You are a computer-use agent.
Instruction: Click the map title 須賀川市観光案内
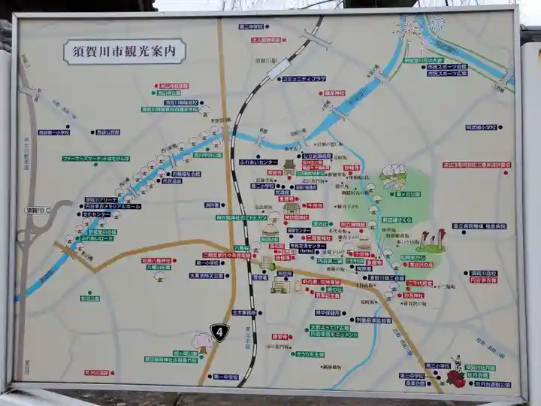(x=124, y=53)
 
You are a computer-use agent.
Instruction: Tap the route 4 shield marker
(x=219, y=331)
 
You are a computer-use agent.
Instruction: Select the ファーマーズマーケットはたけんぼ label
(x=96, y=159)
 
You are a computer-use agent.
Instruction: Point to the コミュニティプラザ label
(x=304, y=78)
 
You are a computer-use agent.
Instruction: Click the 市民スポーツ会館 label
(x=447, y=67)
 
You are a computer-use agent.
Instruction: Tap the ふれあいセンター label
(x=258, y=162)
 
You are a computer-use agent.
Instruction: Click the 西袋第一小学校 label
(x=55, y=132)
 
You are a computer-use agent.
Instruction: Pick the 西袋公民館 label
(x=107, y=132)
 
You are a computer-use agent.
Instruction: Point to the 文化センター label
(x=97, y=214)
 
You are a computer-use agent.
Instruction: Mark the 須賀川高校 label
(x=483, y=272)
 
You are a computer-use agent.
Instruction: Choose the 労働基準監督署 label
(x=374, y=320)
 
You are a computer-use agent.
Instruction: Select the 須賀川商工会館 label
(x=386, y=277)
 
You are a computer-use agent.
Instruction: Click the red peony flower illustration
(x=456, y=380)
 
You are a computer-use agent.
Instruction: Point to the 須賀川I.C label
(x=38, y=211)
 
